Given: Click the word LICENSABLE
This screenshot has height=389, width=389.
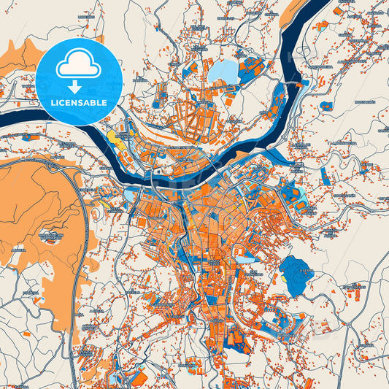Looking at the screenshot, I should point(79,102).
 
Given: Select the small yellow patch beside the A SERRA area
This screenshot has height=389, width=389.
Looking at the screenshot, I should point(282,277).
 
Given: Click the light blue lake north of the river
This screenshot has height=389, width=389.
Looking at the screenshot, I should point(223,72).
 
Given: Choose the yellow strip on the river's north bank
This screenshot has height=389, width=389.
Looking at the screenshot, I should point(115,136).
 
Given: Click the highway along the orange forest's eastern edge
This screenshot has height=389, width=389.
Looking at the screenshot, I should point(89,212).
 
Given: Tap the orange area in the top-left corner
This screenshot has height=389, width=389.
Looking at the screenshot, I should point(22,55).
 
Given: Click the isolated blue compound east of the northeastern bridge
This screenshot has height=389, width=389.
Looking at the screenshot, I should point(326,106).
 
